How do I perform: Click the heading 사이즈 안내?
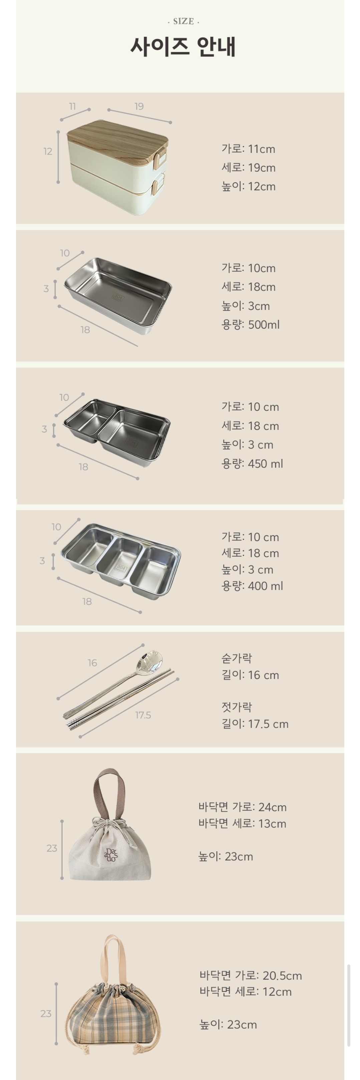pos(183,46)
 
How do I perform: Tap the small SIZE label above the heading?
pos(184,21)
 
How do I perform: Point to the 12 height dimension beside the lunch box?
pos(48,151)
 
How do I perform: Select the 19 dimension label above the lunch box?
pos(139,106)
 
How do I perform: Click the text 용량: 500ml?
pos(250,325)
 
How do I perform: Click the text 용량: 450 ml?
pos(252,464)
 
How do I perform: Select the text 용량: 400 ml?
pos(252,586)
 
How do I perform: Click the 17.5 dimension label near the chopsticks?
pos(143,715)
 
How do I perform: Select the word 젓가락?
pos(237,707)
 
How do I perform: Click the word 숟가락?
pos(237,658)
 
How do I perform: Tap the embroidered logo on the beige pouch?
pos(111,855)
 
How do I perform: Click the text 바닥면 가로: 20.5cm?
pos(251,975)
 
